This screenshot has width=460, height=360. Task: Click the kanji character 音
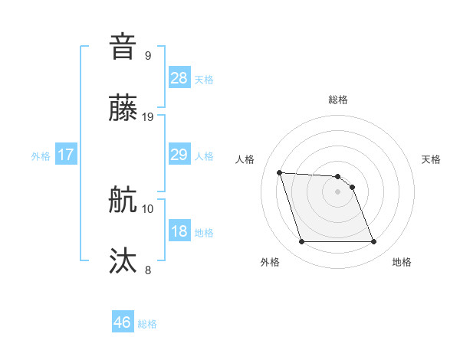coord(123,46)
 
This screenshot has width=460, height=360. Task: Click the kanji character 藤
coord(123,109)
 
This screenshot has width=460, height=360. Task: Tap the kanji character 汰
coord(123,261)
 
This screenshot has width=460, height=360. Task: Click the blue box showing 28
coord(179,78)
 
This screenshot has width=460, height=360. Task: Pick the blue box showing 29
coord(179,155)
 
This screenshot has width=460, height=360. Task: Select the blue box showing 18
coord(179,231)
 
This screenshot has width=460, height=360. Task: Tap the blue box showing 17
coord(66,155)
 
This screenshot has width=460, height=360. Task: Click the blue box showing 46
coord(123,322)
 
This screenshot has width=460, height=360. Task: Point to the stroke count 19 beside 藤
coord(148,117)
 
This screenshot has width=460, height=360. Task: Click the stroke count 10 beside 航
coord(148,208)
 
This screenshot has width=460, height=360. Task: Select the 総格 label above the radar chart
coord(337,100)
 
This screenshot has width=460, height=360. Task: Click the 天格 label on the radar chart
coord(432,159)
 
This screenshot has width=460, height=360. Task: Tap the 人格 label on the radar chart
coord(245,159)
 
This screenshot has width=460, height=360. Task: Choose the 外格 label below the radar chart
coord(270,262)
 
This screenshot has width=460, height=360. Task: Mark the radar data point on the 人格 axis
coord(279,172)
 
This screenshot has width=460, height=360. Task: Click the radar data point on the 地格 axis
coord(373,242)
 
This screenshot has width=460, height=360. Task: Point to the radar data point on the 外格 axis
coord(301,242)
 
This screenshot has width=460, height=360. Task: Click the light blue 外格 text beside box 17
coord(41,155)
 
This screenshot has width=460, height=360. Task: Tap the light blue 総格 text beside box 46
coord(147,324)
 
